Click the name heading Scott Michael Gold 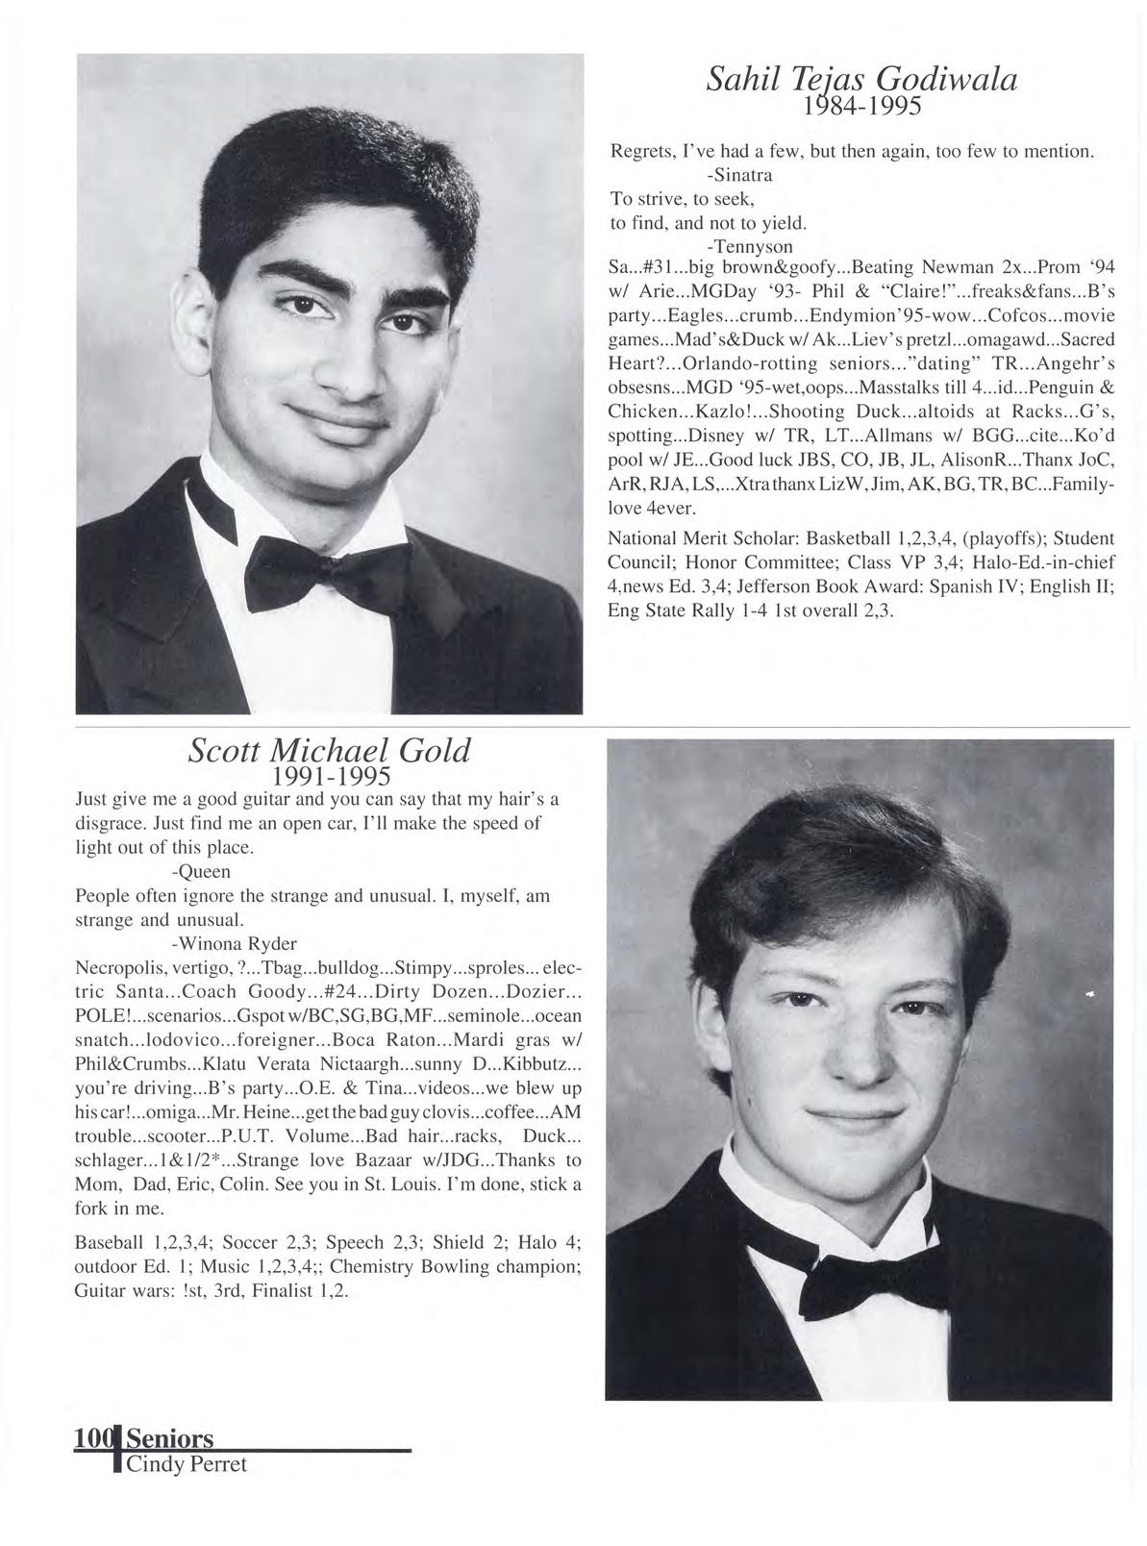pyautogui.click(x=329, y=749)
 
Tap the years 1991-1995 pyautogui.click(x=330, y=775)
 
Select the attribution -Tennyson pyautogui.click(x=749, y=246)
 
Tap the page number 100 pyautogui.click(x=92, y=1438)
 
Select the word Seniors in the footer pyautogui.click(x=169, y=1438)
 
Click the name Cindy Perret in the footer pyautogui.click(x=187, y=1464)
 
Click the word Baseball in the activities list pyautogui.click(x=107, y=1242)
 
